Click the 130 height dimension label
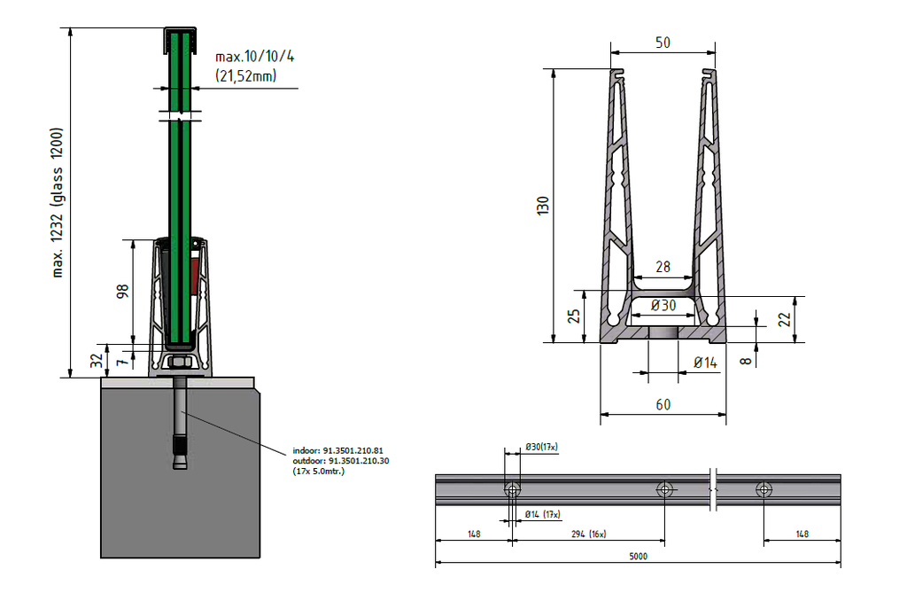coord(544,206)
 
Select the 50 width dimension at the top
coord(662,43)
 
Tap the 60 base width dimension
coord(663,405)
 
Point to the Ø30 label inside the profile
coord(663,305)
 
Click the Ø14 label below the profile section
coord(705,363)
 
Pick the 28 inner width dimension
coord(663,267)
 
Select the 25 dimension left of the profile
coord(574,316)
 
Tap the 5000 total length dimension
coord(638,557)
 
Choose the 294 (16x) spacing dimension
coord(588,534)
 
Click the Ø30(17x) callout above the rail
coord(541,447)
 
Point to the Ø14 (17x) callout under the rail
coord(543,514)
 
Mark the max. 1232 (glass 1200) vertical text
coord(58,203)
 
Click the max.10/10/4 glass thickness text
coord(254,56)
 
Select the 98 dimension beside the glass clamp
coord(123,292)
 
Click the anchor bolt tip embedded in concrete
coord(180,462)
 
